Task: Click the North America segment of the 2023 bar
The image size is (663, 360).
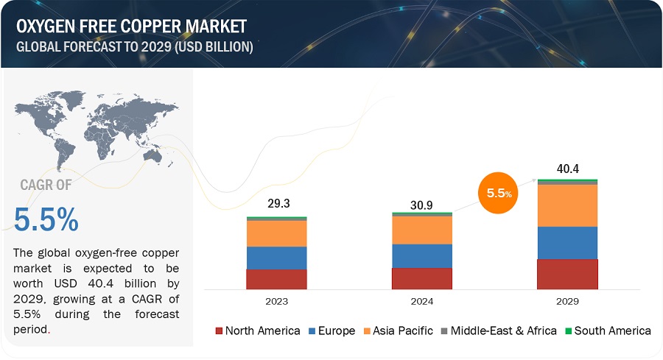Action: (276, 279)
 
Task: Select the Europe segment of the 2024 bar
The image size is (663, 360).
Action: (422, 255)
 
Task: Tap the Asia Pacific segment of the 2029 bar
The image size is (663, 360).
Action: (567, 205)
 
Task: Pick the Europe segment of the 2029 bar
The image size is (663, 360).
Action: (567, 242)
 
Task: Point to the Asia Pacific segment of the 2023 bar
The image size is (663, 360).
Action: (276, 233)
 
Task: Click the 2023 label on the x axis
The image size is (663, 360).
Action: (276, 302)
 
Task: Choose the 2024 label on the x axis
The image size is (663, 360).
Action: (422, 302)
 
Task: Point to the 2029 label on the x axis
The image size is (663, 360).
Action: (567, 302)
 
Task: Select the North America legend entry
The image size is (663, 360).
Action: (257, 331)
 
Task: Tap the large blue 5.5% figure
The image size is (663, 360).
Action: (46, 219)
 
